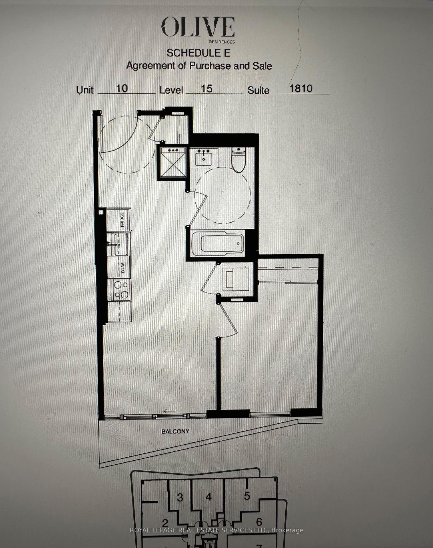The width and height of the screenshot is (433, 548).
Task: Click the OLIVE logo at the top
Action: [198, 27]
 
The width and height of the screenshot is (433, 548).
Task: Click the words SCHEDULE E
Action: [199, 53]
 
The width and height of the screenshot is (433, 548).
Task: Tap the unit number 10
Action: [122, 88]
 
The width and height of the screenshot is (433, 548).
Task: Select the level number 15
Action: [207, 88]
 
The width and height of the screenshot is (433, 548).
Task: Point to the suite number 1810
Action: [301, 88]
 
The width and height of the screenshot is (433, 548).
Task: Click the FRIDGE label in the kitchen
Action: [122, 219]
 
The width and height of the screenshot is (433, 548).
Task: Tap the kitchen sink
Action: [121, 244]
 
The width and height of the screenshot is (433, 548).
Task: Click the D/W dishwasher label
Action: [123, 268]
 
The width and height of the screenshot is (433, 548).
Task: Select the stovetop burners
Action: [121, 290]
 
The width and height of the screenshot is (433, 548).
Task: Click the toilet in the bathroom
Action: [238, 160]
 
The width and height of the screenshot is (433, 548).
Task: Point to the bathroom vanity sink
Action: [204, 158]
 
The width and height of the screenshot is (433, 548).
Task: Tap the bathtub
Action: [218, 243]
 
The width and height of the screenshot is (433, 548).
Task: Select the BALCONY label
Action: [175, 431]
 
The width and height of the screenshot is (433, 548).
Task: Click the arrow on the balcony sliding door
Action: [170, 411]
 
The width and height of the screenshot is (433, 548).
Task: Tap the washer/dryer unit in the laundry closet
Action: [236, 279]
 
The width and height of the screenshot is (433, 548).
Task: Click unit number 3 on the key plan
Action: [180, 497]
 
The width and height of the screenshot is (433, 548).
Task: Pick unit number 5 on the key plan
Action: [247, 496]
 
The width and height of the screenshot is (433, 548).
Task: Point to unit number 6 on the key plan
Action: [259, 522]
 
